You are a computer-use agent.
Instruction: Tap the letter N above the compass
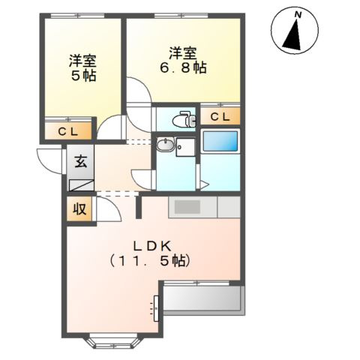pyautogui.click(x=298, y=14)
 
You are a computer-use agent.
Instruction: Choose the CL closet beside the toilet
pyautogui.click(x=220, y=116)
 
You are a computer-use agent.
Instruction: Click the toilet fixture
pyautogui.click(x=181, y=118)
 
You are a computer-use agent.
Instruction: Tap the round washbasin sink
pyautogui.click(x=166, y=147)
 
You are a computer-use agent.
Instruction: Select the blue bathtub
pyautogui.click(x=220, y=142)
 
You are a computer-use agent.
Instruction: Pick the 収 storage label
pyautogui.click(x=79, y=210)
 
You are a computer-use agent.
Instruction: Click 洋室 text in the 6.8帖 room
pyautogui.click(x=184, y=53)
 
